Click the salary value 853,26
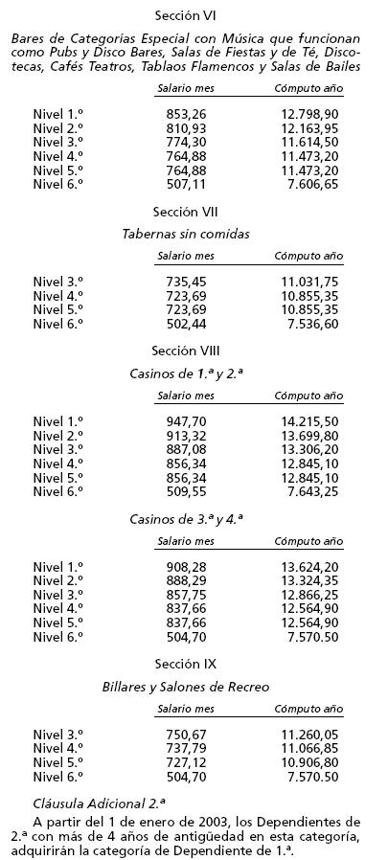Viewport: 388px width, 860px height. pyautogui.click(x=186, y=114)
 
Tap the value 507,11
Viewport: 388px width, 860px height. pyautogui.click(x=186, y=184)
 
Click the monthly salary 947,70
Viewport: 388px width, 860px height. pyautogui.click(x=186, y=420)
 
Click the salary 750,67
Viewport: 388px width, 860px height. pyautogui.click(x=186, y=735)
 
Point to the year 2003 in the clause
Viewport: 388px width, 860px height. pyautogui.click(x=171, y=821)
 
